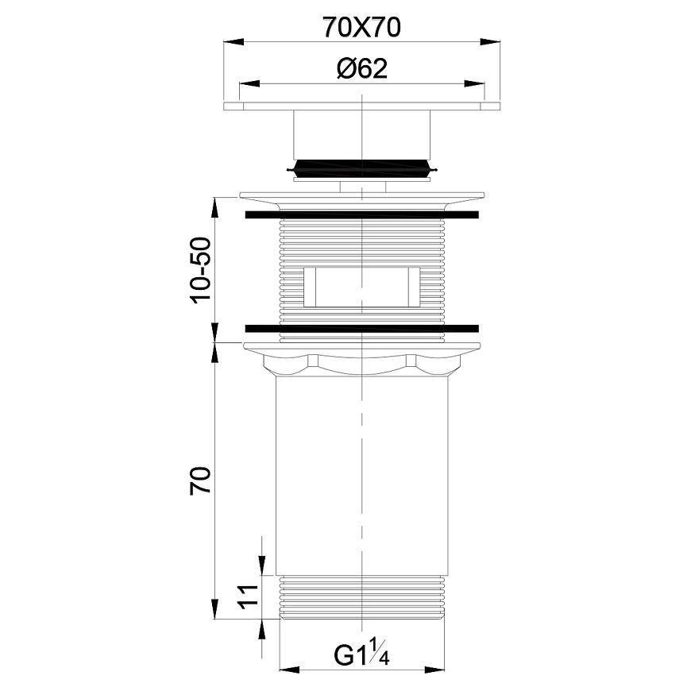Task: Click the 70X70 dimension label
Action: tap(362, 27)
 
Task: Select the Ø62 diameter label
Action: tap(362, 69)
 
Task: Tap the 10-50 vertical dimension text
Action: tap(201, 270)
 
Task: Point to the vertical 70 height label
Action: tap(201, 480)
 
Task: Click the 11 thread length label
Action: tap(248, 596)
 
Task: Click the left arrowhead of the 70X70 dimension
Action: tap(234, 42)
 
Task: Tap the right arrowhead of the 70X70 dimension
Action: tap(490, 42)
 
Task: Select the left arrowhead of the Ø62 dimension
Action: tap(249, 83)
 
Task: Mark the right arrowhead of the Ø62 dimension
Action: tap(475, 83)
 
